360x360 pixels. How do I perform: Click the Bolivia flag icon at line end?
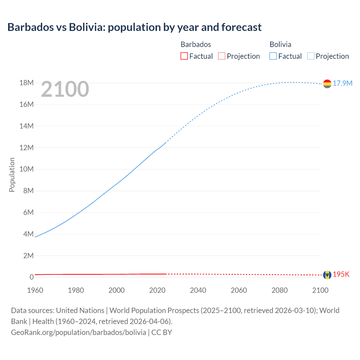point(327,84)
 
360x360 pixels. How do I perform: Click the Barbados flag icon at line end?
point(327,275)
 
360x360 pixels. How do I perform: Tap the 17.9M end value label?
point(343,83)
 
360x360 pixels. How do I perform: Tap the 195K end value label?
point(341,274)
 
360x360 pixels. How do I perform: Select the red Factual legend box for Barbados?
point(184,56)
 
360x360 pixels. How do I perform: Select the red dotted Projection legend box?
point(222,56)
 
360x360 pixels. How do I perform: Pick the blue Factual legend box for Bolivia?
point(273,56)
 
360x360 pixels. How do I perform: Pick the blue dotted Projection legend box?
point(311,56)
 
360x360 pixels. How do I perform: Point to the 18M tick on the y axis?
point(27,83)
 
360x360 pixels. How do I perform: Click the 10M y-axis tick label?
point(27,169)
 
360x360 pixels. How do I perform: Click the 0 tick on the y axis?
point(32,277)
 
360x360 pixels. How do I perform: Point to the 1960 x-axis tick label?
point(35,290)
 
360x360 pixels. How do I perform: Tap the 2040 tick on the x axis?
point(198,290)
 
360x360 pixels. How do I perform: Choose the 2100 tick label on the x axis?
point(320,290)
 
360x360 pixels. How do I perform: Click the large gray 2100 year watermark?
point(65,89)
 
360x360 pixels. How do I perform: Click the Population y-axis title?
point(12,175)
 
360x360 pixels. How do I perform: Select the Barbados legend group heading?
point(196,44)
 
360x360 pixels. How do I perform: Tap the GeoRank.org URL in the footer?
point(78,332)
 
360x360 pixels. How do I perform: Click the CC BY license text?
point(162,332)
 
